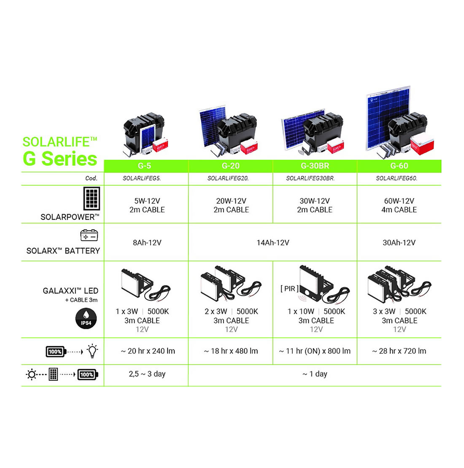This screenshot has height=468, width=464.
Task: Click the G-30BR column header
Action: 315,166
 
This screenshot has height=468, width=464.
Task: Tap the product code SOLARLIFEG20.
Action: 228,178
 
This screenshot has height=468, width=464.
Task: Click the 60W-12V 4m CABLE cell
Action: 399,205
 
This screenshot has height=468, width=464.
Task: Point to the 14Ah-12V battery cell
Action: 273,243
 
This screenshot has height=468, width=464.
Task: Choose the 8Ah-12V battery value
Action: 147,243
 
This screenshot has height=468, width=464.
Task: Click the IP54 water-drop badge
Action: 86,318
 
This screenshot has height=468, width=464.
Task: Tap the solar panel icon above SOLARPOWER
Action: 92,199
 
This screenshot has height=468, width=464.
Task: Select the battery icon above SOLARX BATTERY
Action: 89,235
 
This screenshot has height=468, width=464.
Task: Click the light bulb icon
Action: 92,351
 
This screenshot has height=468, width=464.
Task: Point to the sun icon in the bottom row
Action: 31,374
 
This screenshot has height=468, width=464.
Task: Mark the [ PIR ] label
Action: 289,289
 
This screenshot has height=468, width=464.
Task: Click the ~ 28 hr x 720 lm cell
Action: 399,351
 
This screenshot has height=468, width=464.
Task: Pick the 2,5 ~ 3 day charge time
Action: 147,374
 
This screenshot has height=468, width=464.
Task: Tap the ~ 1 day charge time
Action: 315,374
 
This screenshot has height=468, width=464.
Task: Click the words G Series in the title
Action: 60,159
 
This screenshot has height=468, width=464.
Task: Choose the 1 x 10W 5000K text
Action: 316,312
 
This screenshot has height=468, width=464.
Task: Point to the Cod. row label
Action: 92,178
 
